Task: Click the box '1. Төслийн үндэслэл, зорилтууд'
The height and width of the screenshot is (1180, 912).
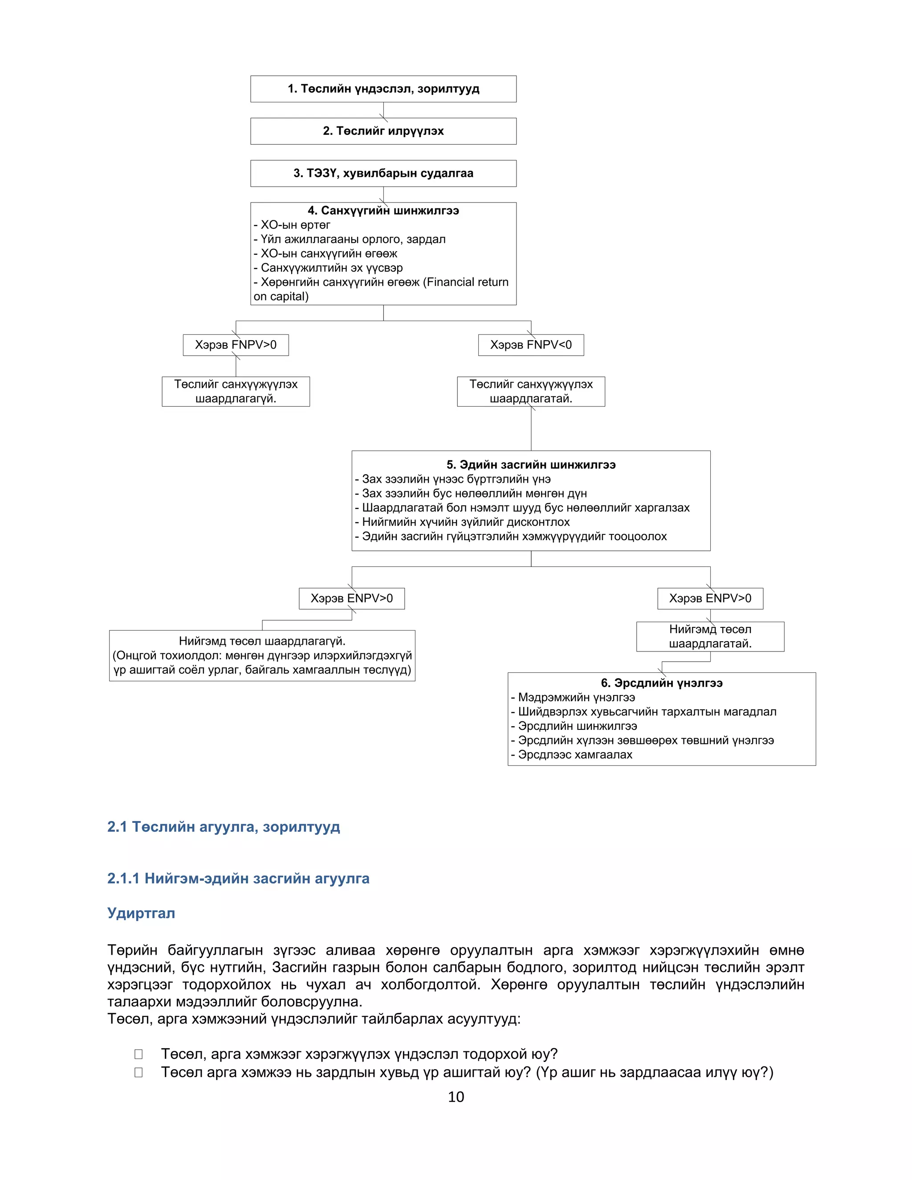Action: (383, 89)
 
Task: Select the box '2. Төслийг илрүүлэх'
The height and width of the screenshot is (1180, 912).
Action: (383, 131)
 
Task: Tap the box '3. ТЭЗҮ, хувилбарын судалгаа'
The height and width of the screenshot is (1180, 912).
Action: (383, 173)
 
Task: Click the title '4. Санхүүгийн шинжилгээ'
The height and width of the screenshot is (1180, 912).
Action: (383, 211)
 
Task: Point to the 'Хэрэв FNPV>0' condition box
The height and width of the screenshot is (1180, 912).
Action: (236, 345)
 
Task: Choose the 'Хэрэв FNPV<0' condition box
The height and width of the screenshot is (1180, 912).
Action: (530, 345)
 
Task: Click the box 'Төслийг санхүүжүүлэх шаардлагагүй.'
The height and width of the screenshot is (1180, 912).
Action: (236, 391)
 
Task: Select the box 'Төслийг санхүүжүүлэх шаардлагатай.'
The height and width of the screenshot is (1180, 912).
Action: (530, 391)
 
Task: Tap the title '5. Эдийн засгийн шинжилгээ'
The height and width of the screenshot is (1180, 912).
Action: (530, 464)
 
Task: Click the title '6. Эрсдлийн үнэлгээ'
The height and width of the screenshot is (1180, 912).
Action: (661, 683)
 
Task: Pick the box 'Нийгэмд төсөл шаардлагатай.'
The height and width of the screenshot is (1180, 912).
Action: (710, 636)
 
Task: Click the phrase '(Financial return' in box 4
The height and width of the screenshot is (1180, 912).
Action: (466, 282)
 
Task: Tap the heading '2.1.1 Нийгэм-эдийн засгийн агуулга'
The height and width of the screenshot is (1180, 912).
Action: (238, 879)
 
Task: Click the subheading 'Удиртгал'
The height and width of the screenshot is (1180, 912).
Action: (141, 913)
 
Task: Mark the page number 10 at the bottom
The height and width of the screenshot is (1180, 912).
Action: (456, 1097)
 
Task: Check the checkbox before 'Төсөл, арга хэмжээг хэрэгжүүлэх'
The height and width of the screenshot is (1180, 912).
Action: (139, 1054)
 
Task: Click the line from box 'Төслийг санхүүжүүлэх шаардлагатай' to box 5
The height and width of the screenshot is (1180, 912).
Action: (531, 430)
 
